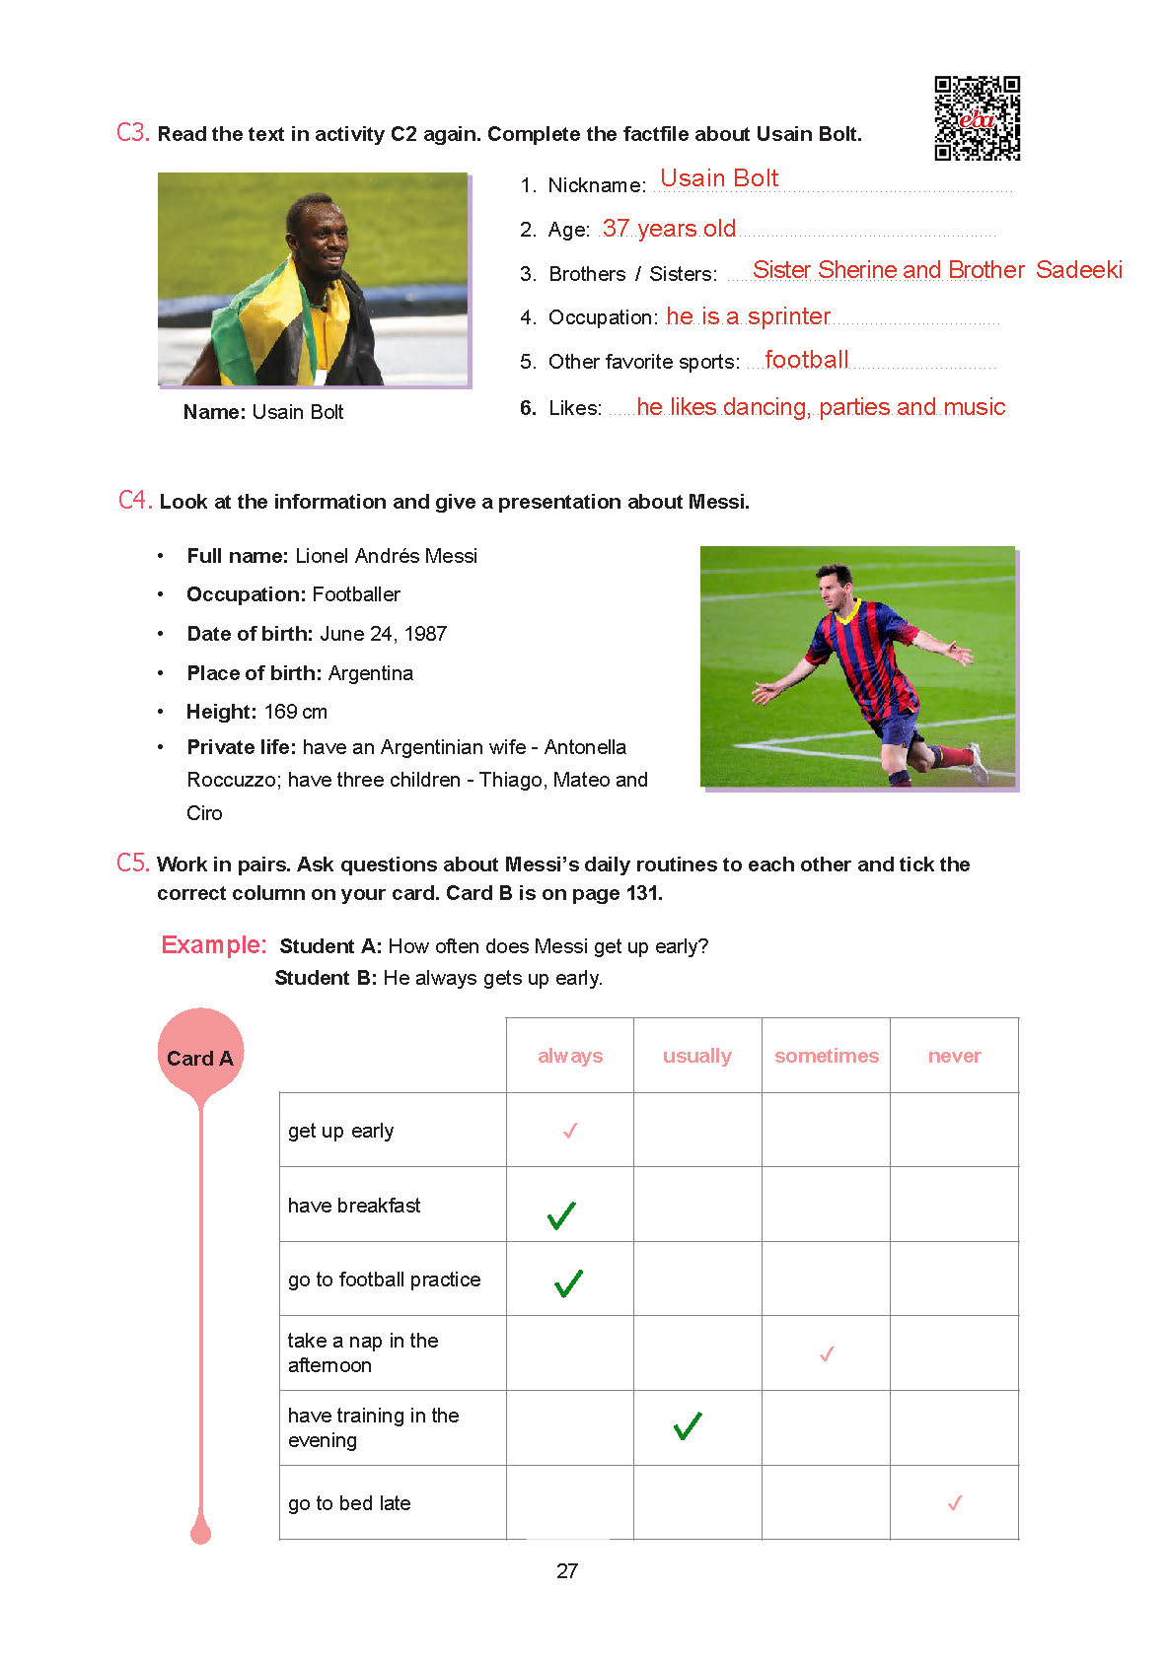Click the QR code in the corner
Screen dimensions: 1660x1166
[977, 118]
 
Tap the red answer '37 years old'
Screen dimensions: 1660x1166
[669, 229]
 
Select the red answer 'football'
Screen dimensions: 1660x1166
[806, 360]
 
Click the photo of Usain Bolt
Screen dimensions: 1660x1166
[313, 279]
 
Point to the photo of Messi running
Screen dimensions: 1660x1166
[857, 666]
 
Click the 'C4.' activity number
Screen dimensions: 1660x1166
[135, 500]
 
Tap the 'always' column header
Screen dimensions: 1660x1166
[569, 1056]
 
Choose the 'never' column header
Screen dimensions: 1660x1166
[954, 1056]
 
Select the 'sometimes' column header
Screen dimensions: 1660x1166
[826, 1056]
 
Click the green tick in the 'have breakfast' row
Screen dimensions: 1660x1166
[561, 1214]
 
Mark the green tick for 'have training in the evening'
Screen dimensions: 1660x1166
[688, 1425]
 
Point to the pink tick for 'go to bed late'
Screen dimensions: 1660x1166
[954, 1503]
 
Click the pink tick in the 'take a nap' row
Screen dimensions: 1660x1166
[827, 1353]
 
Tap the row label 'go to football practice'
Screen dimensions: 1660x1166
[384, 1280]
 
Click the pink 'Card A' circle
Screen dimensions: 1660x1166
[200, 1054]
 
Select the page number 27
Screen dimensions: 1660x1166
[567, 1571]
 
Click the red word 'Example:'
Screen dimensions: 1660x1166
[213, 944]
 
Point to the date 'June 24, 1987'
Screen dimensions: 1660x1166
[383, 634]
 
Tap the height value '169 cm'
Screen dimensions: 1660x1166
[295, 712]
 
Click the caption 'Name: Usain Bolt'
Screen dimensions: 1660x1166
[263, 412]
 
